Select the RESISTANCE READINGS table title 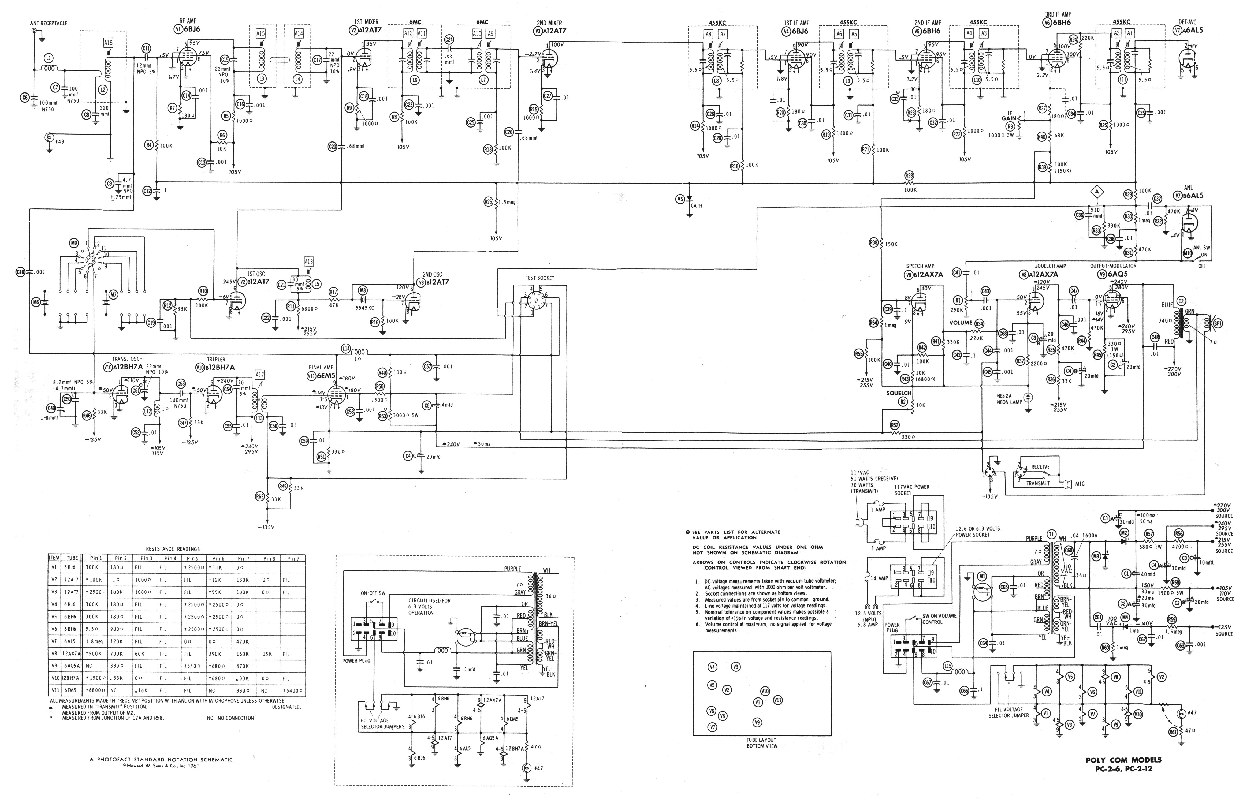tap(173, 549)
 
